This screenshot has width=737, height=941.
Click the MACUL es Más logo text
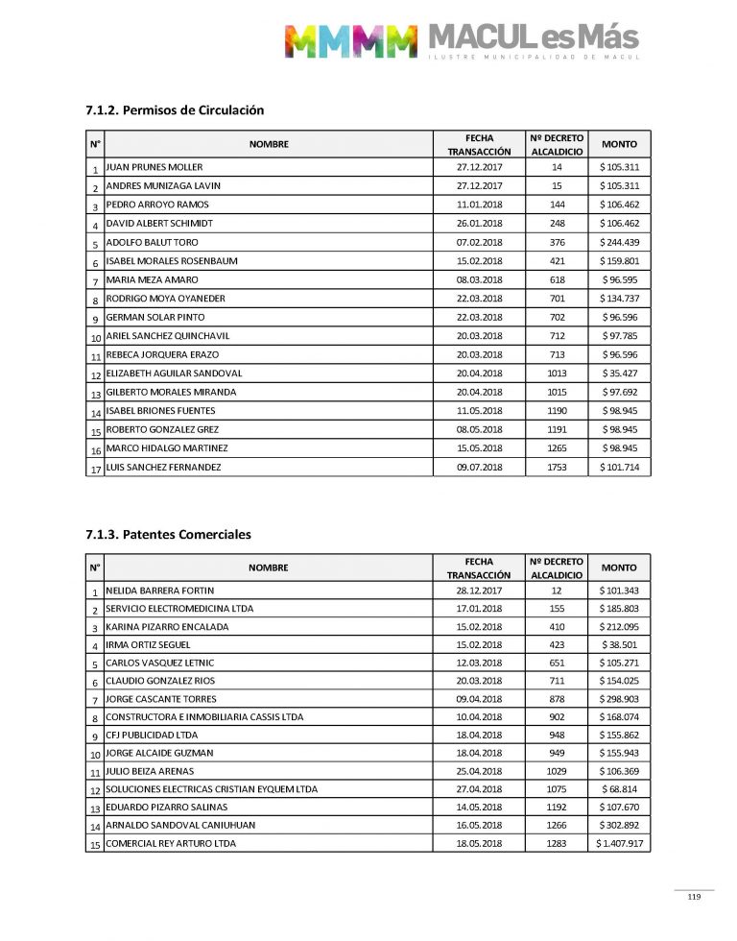tap(533, 38)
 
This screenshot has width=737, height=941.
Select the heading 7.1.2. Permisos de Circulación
tap(175, 110)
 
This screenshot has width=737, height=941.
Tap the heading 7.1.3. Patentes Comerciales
tap(169, 534)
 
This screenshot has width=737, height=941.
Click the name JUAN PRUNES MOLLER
tap(154, 167)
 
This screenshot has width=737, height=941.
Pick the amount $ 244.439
tap(619, 242)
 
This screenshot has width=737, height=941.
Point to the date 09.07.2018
tap(480, 467)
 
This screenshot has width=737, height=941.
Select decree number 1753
tap(557, 467)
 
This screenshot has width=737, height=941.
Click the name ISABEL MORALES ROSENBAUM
tap(172, 261)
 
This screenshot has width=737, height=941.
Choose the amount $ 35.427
tap(619, 374)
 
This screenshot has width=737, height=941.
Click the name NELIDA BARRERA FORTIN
tap(159, 591)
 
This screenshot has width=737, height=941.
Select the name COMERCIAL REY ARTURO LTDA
tap(171, 843)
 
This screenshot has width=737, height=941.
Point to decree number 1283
tap(557, 843)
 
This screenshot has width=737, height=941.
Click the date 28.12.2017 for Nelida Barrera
tap(480, 591)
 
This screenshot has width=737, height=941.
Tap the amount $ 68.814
tap(619, 789)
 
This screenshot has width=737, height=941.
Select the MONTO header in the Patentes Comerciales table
tap(619, 567)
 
